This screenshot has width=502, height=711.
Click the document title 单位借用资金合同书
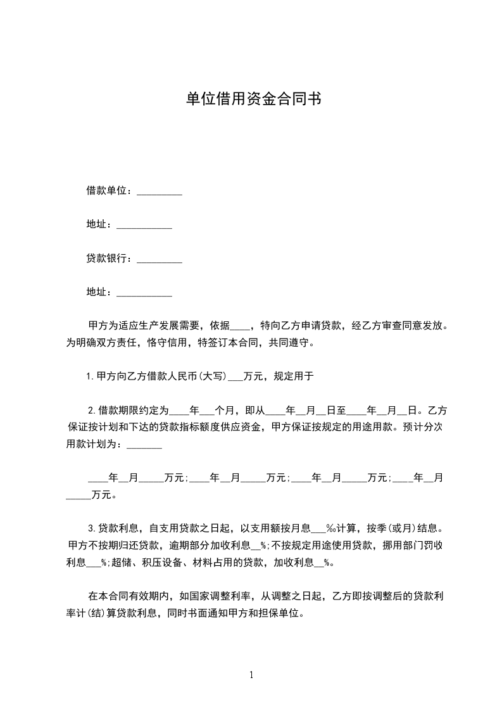251,99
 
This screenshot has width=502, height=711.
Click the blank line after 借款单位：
160,191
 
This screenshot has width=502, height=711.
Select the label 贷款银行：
111,259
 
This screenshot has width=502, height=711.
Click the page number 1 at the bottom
251,675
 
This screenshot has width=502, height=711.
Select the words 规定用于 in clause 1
293,376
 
